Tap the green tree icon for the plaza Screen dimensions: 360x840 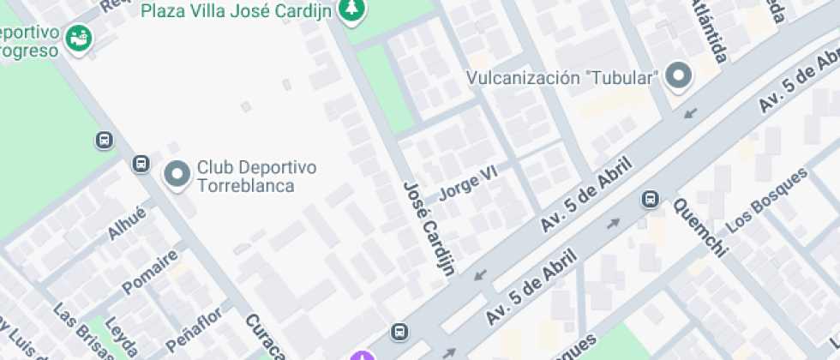(x=350, y=10)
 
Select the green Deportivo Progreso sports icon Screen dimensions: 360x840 (x=79, y=39)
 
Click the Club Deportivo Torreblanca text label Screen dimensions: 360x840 (x=257, y=176)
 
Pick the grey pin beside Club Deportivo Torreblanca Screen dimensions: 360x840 (x=177, y=175)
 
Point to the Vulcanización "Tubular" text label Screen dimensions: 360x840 (x=562, y=78)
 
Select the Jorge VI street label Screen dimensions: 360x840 (x=468, y=183)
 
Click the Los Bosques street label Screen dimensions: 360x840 (x=767, y=199)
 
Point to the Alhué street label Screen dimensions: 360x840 (x=127, y=223)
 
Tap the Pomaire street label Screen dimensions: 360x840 (x=150, y=272)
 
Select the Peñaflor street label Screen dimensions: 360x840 (x=194, y=328)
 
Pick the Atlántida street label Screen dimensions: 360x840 (x=709, y=31)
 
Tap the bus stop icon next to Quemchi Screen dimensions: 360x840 (x=650, y=200)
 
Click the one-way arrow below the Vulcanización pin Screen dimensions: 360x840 (x=690, y=112)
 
